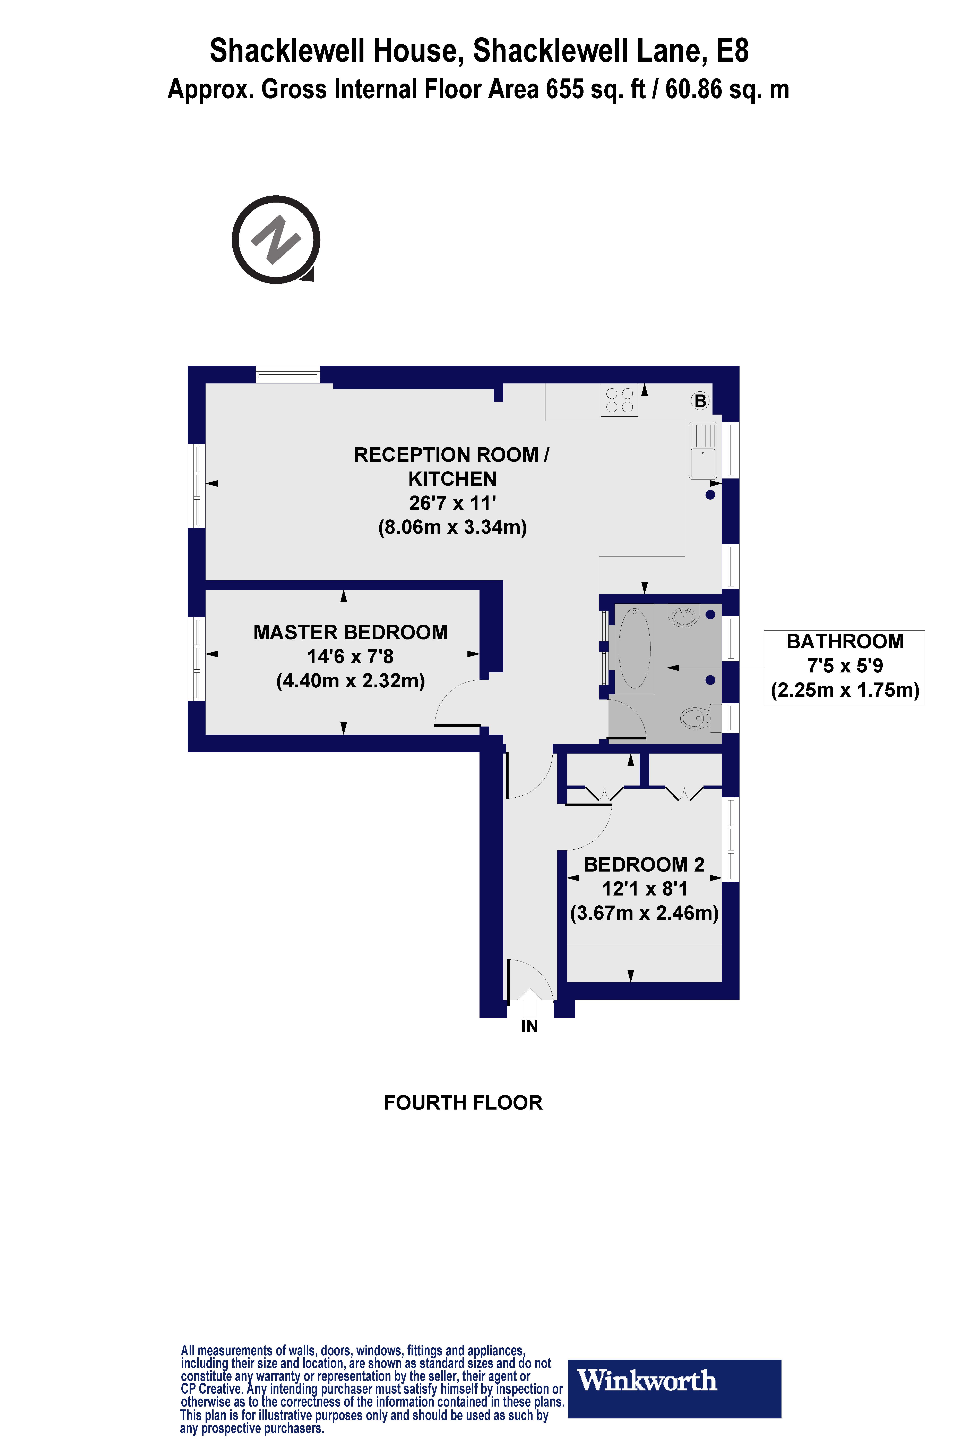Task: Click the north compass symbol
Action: [276, 239]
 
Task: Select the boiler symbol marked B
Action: [700, 401]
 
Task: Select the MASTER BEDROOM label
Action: [350, 632]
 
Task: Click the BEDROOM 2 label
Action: [644, 864]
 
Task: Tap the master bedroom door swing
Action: [458, 703]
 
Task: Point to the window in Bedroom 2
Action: [731, 839]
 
